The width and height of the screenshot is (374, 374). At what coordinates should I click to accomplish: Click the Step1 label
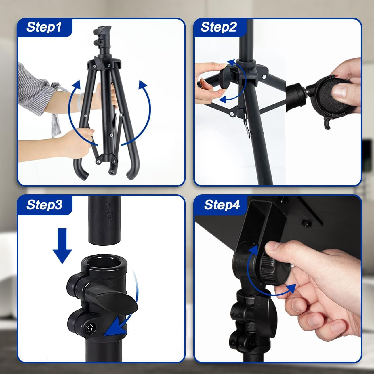44,27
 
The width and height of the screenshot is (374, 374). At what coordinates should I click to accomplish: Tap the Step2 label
219,27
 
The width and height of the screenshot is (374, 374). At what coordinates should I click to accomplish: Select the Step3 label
44,205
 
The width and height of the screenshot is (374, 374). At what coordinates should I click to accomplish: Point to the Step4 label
222,205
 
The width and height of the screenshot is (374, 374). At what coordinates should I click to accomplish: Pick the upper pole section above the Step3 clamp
104,220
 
